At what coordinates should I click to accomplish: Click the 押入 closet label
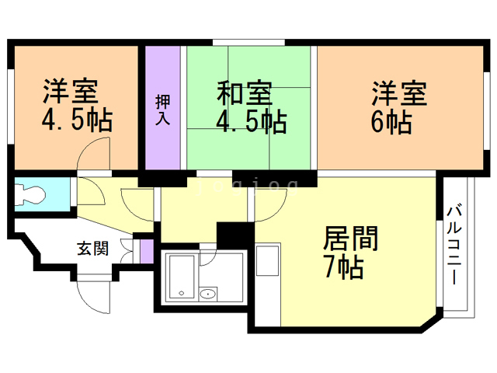[163, 111]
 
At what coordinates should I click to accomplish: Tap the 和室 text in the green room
[244, 94]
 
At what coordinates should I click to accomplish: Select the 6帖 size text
[391, 122]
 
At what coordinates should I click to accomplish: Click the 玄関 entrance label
[92, 249]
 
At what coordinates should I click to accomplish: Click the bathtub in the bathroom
[182, 278]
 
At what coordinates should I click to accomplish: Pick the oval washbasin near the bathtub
[207, 295]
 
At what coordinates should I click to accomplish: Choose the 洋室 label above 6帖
[398, 94]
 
